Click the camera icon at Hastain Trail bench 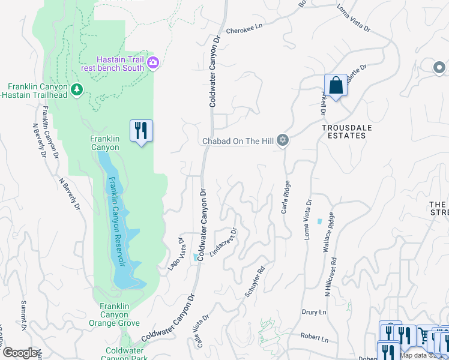pyautogui.click(x=153, y=62)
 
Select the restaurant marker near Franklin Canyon pyautogui.click(x=141, y=131)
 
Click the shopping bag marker pyautogui.click(x=336, y=86)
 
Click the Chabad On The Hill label pyautogui.click(x=238, y=141)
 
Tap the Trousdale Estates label pyautogui.click(x=343, y=131)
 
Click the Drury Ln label pyautogui.click(x=314, y=313)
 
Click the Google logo pyautogui.click(x=21, y=353)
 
